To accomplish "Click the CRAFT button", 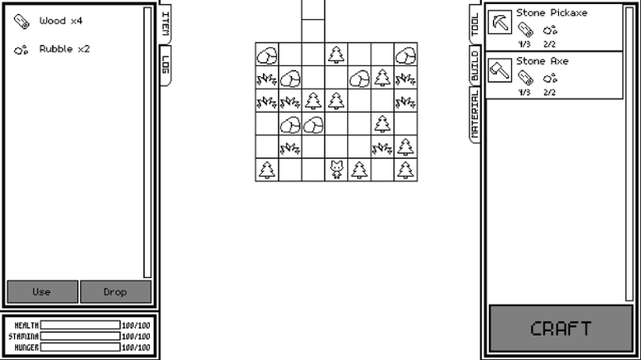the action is pos(561,328).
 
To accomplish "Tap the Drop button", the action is pos(115,291).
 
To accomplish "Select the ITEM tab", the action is pos(165,23).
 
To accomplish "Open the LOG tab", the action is pos(165,64).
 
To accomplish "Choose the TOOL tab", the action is pos(475,24).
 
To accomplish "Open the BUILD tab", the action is pos(475,65).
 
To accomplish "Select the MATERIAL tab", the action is pos(475,115).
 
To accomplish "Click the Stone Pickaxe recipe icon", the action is pos(500,22).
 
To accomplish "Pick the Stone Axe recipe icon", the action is pos(500,70).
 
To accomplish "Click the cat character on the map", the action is pos(336,170).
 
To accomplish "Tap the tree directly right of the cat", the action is pos(359,170).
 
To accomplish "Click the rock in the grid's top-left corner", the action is pos(267,54).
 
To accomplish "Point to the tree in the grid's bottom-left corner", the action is pos(267,170).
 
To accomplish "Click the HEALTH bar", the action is pos(80,325).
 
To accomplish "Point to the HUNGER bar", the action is pos(80,347).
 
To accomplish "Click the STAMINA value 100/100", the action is pos(136,337).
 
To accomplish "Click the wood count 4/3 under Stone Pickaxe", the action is pos(524,44).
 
